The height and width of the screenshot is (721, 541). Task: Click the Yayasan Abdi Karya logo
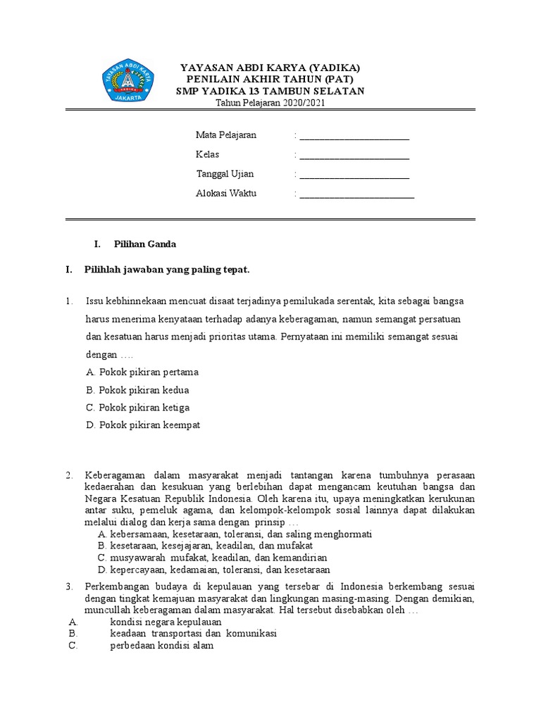coord(129,82)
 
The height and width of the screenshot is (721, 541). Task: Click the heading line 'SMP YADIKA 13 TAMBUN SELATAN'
coord(270,91)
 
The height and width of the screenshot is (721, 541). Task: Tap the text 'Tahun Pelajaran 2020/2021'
coord(270,103)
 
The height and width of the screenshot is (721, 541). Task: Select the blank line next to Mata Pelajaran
coord(354,135)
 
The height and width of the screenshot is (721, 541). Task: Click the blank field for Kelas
coord(354,154)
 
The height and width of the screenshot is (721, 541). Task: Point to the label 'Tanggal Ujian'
coord(225,174)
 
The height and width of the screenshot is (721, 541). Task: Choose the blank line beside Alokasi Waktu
coord(356,194)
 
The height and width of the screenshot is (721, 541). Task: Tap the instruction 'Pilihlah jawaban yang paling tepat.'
coord(167,270)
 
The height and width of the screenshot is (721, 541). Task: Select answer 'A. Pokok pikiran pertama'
coord(142,372)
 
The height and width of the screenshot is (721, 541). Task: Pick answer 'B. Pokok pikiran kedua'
coord(137,389)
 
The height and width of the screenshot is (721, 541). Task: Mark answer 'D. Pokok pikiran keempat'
coord(143,425)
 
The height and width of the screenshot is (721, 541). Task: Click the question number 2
coord(70,475)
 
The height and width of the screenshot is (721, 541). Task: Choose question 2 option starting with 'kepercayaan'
coord(214,570)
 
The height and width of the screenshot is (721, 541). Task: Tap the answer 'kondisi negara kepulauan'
coord(166,622)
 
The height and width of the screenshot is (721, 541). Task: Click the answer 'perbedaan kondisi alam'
coord(161,645)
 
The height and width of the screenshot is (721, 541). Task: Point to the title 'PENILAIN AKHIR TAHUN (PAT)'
coord(270,79)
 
